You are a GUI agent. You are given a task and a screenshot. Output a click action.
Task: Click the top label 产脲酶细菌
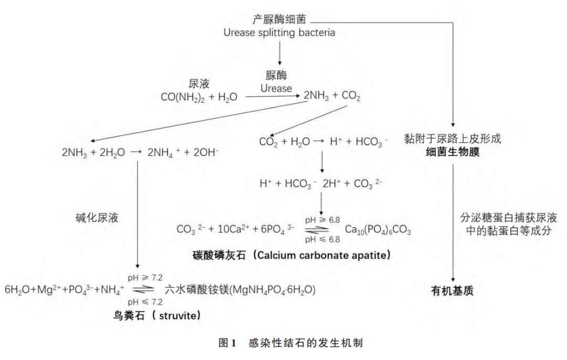pyautogui.click(x=279, y=20)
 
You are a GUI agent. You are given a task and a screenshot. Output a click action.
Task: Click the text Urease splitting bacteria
pyautogui.click(x=279, y=33)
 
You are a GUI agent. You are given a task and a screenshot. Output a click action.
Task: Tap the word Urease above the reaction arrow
pyautogui.click(x=276, y=88)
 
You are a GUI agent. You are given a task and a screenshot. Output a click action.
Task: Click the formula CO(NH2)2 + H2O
pyautogui.click(x=199, y=97)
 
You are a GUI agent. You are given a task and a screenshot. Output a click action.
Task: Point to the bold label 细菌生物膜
pyautogui.click(x=452, y=153)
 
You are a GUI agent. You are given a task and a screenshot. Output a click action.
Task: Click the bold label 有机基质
pyautogui.click(x=452, y=290)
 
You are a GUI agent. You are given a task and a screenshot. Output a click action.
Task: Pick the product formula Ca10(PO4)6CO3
pyautogui.click(x=377, y=230)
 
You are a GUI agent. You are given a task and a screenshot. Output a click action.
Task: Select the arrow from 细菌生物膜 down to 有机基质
pyautogui.click(x=453, y=220)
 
